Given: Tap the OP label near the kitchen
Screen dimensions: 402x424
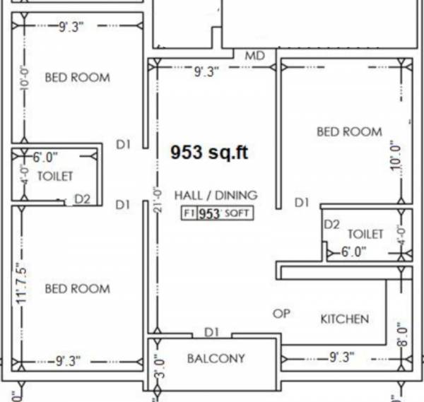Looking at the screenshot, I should click(x=281, y=313).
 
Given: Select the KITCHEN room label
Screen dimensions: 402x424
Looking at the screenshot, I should click(x=345, y=319).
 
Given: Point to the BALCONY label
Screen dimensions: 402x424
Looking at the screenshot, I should click(x=216, y=358).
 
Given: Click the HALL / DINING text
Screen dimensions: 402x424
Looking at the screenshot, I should click(x=216, y=195).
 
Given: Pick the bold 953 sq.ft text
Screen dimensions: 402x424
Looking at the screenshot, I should click(x=209, y=152).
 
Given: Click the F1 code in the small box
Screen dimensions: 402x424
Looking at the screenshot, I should click(x=189, y=213).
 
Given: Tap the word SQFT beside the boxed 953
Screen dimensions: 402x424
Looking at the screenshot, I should click(x=237, y=213).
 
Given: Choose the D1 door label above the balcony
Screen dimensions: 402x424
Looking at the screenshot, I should click(x=212, y=331).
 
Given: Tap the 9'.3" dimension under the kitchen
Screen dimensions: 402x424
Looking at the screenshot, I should click(x=341, y=357).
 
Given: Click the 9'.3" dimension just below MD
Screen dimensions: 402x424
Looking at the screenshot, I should click(x=206, y=71).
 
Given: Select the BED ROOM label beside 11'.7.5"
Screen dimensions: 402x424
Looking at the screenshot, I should click(x=77, y=288).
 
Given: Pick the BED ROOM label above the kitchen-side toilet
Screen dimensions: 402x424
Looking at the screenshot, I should click(x=349, y=131).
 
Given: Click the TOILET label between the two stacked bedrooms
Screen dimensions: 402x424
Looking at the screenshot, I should click(x=54, y=176).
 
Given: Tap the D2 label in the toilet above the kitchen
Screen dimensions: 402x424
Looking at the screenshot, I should click(x=332, y=225).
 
